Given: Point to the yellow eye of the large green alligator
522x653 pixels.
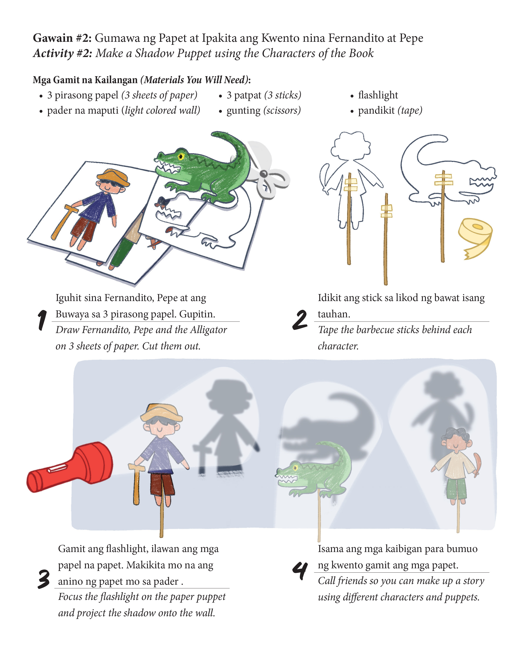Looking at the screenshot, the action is coord(181,156).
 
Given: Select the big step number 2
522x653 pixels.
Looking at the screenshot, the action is coord(300,320).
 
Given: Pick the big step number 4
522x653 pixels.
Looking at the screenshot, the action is coord(300,571).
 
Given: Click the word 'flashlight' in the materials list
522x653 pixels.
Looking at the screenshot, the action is coord(378,95).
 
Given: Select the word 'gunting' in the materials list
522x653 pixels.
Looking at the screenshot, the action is coord(243,111).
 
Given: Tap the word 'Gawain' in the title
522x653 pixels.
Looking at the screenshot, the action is coord(53,38).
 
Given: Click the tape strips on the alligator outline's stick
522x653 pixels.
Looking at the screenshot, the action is coord(444,179).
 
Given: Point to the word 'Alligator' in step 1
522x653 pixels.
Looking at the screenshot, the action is coord(209,330).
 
